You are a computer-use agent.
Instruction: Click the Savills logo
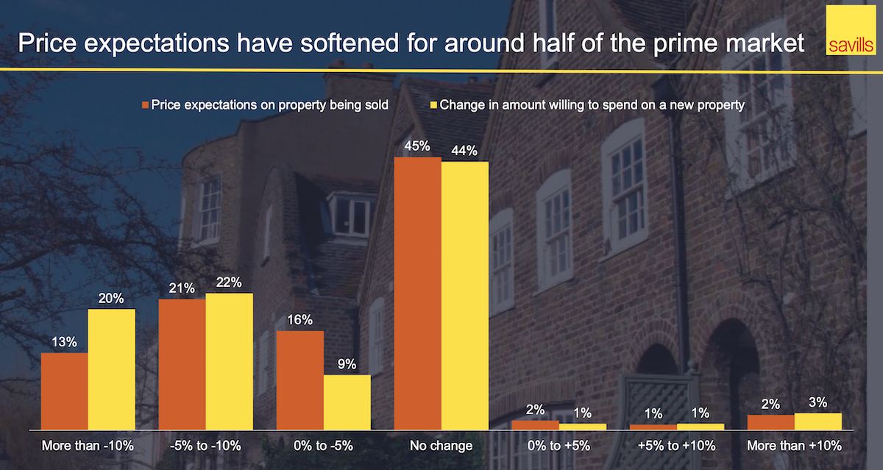click(848, 32)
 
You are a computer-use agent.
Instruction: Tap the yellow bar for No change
click(464, 295)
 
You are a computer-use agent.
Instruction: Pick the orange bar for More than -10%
click(64, 391)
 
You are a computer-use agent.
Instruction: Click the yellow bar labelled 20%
click(111, 368)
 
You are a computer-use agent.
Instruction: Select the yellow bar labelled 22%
click(229, 360)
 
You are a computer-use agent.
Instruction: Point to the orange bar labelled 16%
click(299, 380)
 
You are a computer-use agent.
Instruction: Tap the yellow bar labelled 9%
click(347, 402)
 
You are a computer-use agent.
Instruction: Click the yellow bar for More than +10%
click(818, 421)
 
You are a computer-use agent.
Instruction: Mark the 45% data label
click(417, 146)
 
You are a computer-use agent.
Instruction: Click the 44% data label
click(464, 151)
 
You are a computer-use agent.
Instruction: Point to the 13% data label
click(64, 342)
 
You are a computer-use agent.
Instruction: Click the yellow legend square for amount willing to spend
click(434, 105)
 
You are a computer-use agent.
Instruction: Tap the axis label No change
click(441, 446)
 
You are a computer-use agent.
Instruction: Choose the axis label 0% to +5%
click(558, 446)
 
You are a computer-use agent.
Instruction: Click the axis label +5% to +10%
click(676, 446)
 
